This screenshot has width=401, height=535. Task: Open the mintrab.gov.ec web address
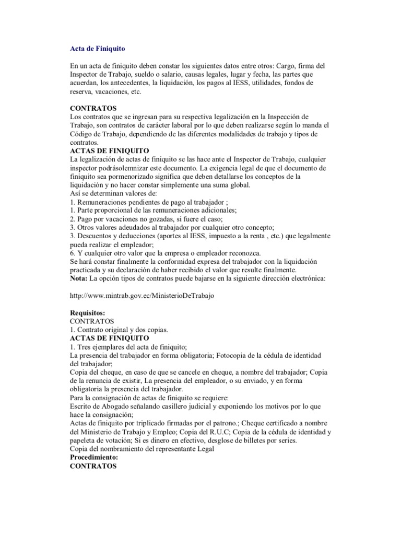pos(142,295)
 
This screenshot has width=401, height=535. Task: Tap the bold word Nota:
pos(79,278)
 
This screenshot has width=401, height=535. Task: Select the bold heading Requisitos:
pos(87,312)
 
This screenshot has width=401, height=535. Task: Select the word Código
pos(81,134)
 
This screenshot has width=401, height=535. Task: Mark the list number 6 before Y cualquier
pos(72,253)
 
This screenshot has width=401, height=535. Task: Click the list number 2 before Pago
pos(72,218)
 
